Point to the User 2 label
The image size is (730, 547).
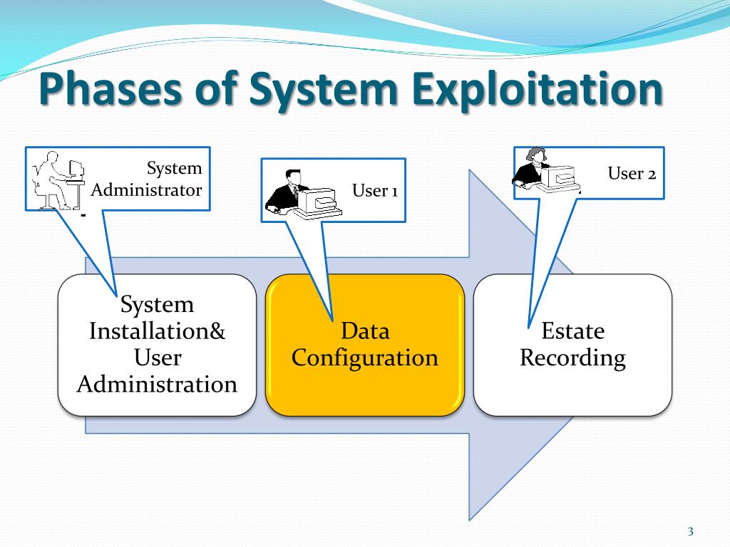pos(632,173)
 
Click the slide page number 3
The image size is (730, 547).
pos(690,531)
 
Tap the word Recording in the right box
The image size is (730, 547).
pos(572,358)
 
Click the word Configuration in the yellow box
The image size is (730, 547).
pos(364,358)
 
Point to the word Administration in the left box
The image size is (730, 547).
pos(156,385)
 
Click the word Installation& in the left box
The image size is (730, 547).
pos(156,331)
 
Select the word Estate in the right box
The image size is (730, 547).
pos(572,331)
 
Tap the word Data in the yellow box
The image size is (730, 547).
pos(364,331)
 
